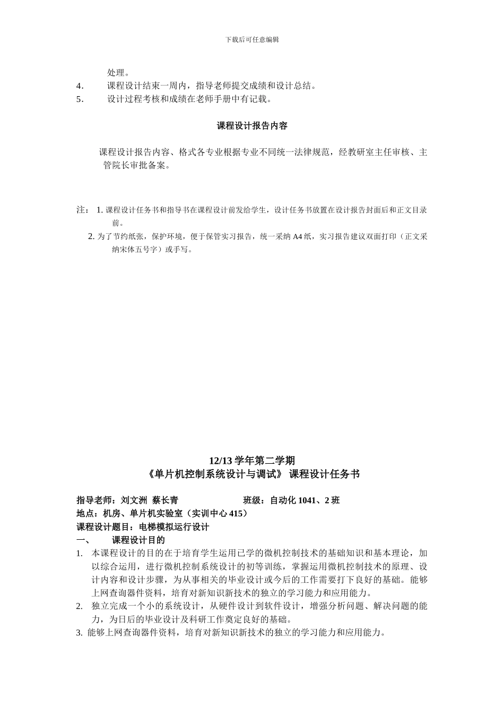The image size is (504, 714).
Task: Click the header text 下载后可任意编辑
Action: coord(252,39)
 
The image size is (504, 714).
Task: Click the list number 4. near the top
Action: coord(80,86)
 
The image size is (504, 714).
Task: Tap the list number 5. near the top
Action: coord(80,99)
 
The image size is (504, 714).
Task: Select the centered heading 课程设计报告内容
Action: coord(252,126)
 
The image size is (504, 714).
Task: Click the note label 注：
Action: coord(83,210)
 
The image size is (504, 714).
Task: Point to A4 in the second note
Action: coord(298,237)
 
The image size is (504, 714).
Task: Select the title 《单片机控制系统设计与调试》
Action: coord(216,474)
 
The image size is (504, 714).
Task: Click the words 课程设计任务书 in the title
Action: coord(324,474)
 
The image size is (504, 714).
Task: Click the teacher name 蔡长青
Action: coord(165,500)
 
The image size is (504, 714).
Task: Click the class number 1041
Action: coord(308,500)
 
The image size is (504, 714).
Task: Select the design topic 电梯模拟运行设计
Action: coord(174,527)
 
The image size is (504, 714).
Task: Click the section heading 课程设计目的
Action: coord(138,540)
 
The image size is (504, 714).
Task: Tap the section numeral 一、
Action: coord(83,540)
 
